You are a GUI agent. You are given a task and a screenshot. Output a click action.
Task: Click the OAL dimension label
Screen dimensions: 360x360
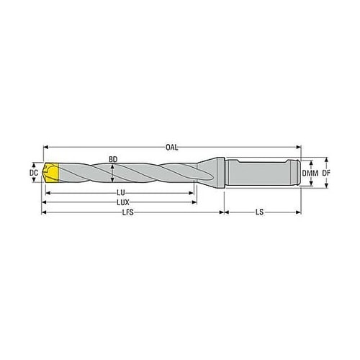(172, 148)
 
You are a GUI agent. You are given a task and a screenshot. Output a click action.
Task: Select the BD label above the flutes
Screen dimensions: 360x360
(113, 159)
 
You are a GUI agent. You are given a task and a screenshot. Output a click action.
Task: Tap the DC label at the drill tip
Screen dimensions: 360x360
(34, 173)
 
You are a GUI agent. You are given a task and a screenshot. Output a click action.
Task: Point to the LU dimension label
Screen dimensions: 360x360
(121, 192)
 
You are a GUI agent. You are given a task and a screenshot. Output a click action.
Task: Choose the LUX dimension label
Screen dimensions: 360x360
(123, 202)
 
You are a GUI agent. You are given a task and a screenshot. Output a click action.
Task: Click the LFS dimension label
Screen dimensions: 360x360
(127, 212)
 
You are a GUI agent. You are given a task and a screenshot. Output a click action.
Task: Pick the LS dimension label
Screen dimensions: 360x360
(259, 212)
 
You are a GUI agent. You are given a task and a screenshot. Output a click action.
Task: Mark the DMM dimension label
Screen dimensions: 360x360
(310, 173)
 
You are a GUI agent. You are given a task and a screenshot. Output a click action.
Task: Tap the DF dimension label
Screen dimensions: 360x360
(326, 173)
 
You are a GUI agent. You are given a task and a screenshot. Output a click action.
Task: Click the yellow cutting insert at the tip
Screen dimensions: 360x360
(52, 173)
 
